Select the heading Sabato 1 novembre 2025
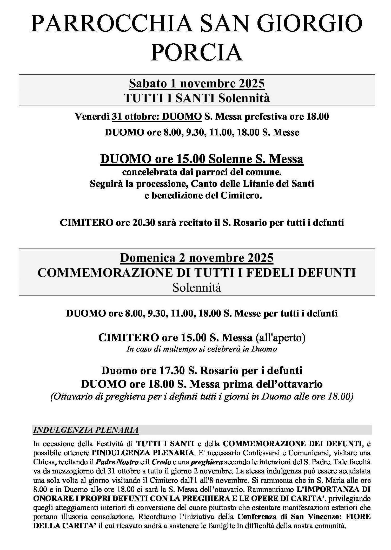tap(197, 84)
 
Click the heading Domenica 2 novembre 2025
tap(197, 258)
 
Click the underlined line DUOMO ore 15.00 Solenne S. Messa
tap(202, 159)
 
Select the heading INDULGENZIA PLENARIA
tap(86, 430)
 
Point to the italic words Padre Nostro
tap(117, 462)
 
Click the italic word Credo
tap(161, 462)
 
